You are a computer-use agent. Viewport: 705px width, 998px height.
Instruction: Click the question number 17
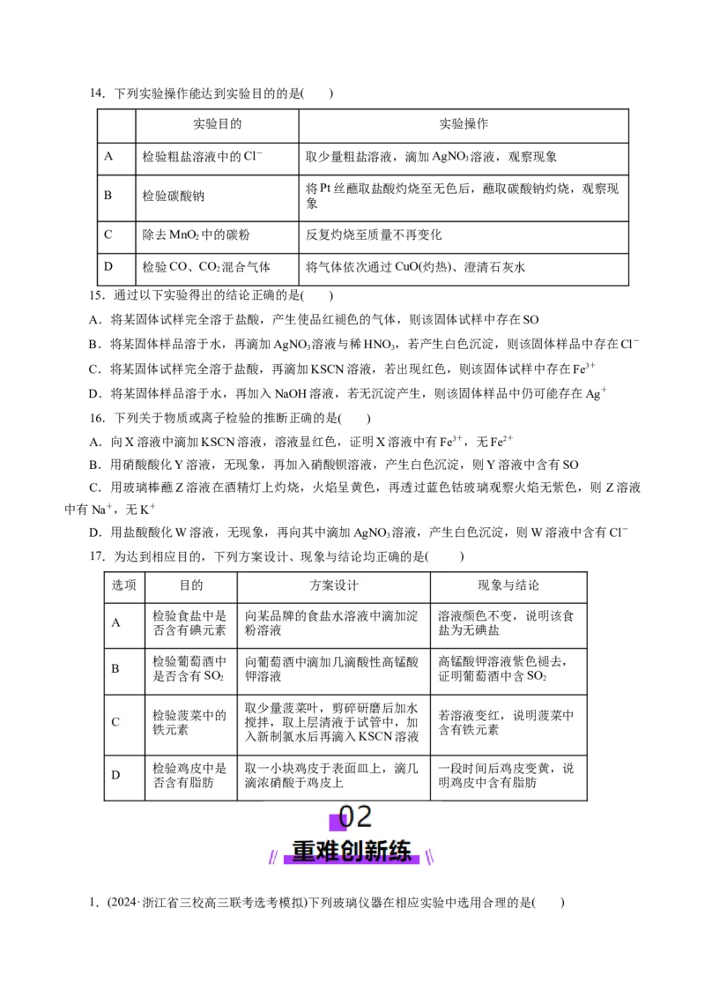(97, 556)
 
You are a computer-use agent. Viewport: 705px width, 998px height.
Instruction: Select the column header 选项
(123, 585)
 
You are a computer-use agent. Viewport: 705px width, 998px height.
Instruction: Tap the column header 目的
(190, 585)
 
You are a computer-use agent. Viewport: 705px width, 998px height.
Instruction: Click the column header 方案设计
(333, 585)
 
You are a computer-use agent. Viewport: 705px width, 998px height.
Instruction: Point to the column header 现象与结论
(508, 585)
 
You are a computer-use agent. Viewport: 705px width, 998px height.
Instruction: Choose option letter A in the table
(115, 623)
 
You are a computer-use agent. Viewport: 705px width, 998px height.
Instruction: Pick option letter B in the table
(115, 668)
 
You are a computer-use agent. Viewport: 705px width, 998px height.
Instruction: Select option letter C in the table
(115, 723)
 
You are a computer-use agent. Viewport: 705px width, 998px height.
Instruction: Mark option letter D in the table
(115, 775)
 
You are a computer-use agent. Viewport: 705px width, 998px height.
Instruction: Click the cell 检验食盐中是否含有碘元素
(189, 623)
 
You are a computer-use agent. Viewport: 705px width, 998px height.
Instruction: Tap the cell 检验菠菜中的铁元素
(189, 723)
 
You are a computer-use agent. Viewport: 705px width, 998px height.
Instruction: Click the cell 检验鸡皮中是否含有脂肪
(189, 775)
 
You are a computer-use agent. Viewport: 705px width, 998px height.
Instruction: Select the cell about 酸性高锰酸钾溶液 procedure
(331, 669)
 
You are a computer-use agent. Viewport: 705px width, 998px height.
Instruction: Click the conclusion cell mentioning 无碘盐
(508, 623)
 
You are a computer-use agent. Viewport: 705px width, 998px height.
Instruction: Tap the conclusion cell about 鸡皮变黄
(508, 775)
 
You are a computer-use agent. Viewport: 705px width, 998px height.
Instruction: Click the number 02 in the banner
(356, 818)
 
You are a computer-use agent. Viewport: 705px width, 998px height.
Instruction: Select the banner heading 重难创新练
(352, 852)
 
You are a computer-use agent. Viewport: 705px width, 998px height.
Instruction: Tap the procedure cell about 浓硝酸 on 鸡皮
(331, 775)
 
